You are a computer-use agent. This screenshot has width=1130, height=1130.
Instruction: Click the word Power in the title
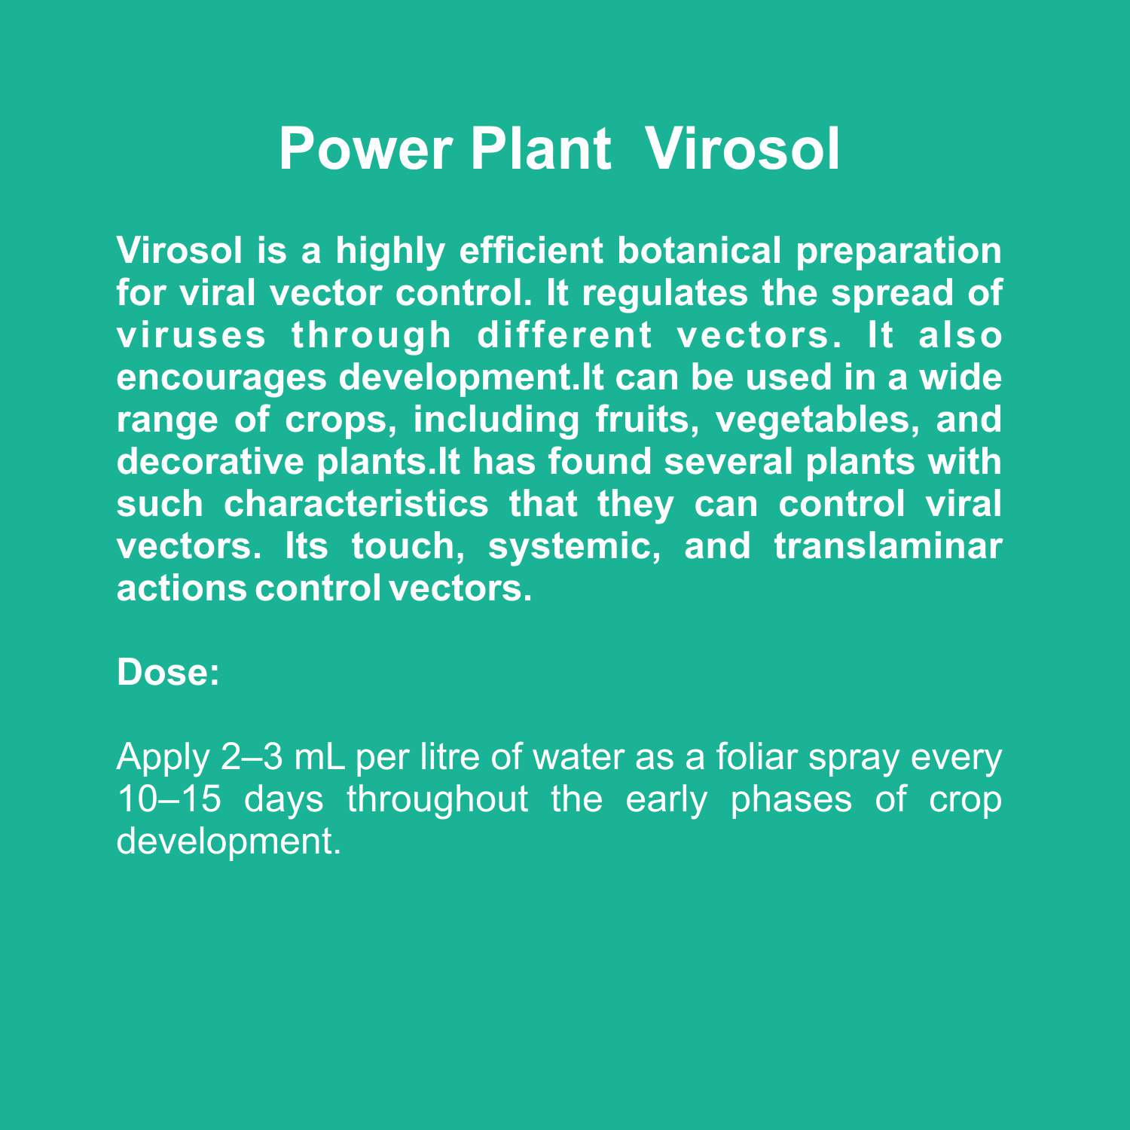click(x=366, y=148)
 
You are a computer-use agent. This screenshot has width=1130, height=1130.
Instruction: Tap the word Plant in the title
click(x=541, y=148)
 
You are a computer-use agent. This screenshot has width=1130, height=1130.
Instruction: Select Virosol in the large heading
click(x=742, y=148)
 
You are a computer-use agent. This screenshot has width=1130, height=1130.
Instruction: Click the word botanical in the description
click(x=699, y=250)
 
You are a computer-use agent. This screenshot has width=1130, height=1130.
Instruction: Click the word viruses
click(x=191, y=335)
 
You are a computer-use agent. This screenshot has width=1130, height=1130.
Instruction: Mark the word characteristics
click(x=356, y=503)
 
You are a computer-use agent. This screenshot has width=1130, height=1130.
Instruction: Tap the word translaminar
click(x=888, y=545)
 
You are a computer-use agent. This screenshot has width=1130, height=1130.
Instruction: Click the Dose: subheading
click(x=168, y=672)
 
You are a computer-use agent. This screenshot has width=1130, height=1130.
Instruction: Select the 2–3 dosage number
click(x=252, y=757)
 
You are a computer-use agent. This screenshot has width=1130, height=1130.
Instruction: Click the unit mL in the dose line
click(x=319, y=757)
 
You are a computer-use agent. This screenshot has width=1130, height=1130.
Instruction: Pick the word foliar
click(x=756, y=756)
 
